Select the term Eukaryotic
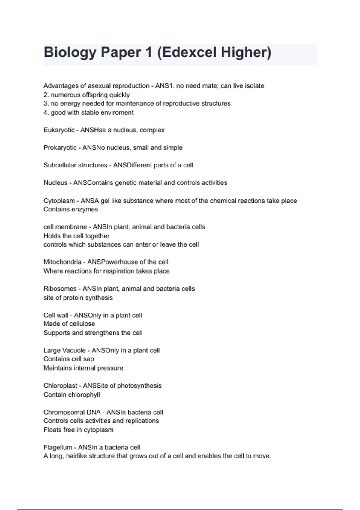point(59,130)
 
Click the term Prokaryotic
point(60,148)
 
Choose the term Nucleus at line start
point(55,183)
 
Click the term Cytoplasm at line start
point(59,201)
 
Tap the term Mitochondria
point(62,262)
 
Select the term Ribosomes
point(60,289)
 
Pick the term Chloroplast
point(60,385)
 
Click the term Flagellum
point(58,447)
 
